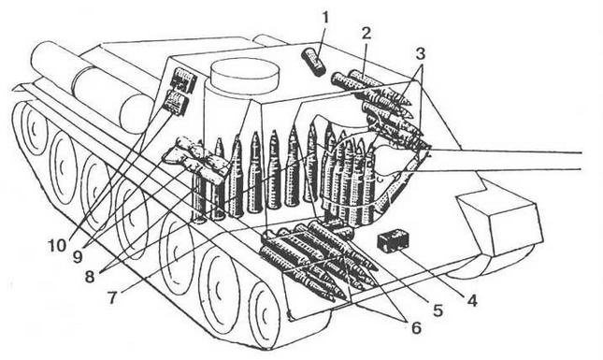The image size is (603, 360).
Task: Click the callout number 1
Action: (x=324, y=17)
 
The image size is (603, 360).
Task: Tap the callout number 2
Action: (x=366, y=33)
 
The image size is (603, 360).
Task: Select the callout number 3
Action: (x=422, y=53)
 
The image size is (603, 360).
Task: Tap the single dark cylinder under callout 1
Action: (x=314, y=64)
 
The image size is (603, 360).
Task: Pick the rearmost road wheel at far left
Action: (x=31, y=131)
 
